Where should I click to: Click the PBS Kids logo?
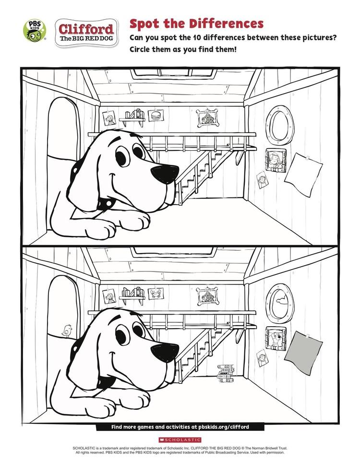point(35,30)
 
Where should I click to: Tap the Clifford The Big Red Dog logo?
point(86,33)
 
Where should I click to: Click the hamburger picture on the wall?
point(156,115)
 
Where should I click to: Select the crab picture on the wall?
point(156,293)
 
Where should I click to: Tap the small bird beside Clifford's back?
point(67,330)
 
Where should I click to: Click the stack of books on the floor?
point(226,373)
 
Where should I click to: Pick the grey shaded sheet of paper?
point(303,353)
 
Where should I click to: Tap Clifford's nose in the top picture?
point(165,174)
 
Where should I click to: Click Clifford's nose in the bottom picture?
point(165,352)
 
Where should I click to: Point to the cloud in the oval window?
point(282,300)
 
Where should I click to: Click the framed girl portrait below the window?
point(276,160)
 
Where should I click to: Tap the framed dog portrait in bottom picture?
point(276,339)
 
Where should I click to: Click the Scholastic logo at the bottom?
point(180,440)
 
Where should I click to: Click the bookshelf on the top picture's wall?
point(132,117)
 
